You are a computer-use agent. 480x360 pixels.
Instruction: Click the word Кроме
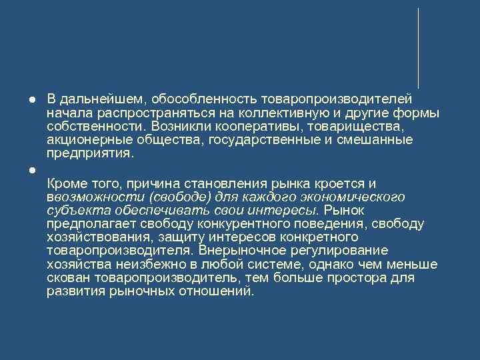click(x=65, y=183)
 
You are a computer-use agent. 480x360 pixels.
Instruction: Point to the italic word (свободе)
click(x=177, y=197)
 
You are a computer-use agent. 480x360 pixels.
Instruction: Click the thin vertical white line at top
click(x=418, y=47)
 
